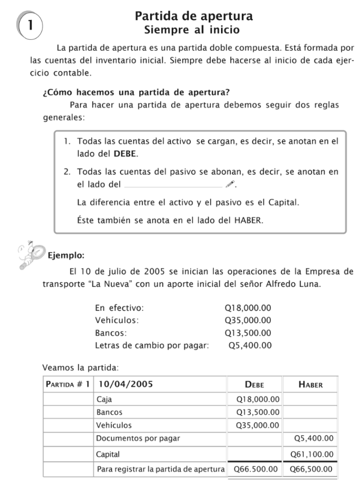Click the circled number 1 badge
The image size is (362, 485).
point(30,25)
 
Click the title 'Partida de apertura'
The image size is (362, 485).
point(194,17)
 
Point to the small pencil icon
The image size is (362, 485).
point(230,184)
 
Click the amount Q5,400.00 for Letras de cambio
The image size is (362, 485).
point(249,345)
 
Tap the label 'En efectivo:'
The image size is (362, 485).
point(120,308)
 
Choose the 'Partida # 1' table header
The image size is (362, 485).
point(67,385)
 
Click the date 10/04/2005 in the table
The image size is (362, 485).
point(125,385)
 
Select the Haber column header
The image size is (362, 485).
point(310,385)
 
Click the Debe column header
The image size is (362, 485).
point(255,385)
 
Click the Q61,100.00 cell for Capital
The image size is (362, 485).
point(312,454)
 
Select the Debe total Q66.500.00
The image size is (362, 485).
point(256,469)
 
